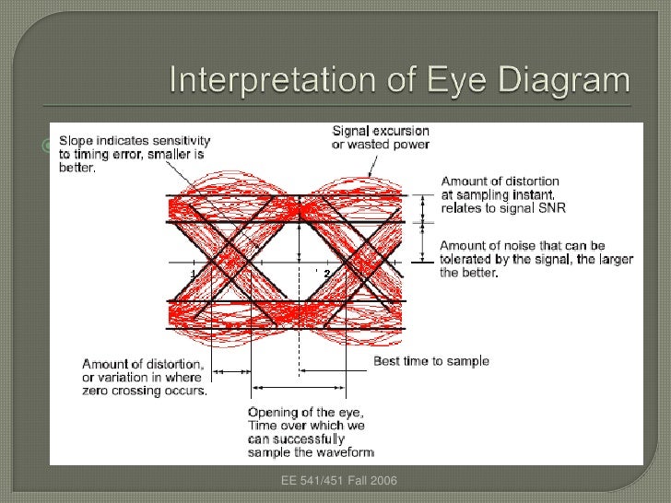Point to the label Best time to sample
430,361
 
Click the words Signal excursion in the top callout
381,131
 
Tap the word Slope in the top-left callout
77,140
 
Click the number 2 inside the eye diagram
325,275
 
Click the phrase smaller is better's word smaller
179,156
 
